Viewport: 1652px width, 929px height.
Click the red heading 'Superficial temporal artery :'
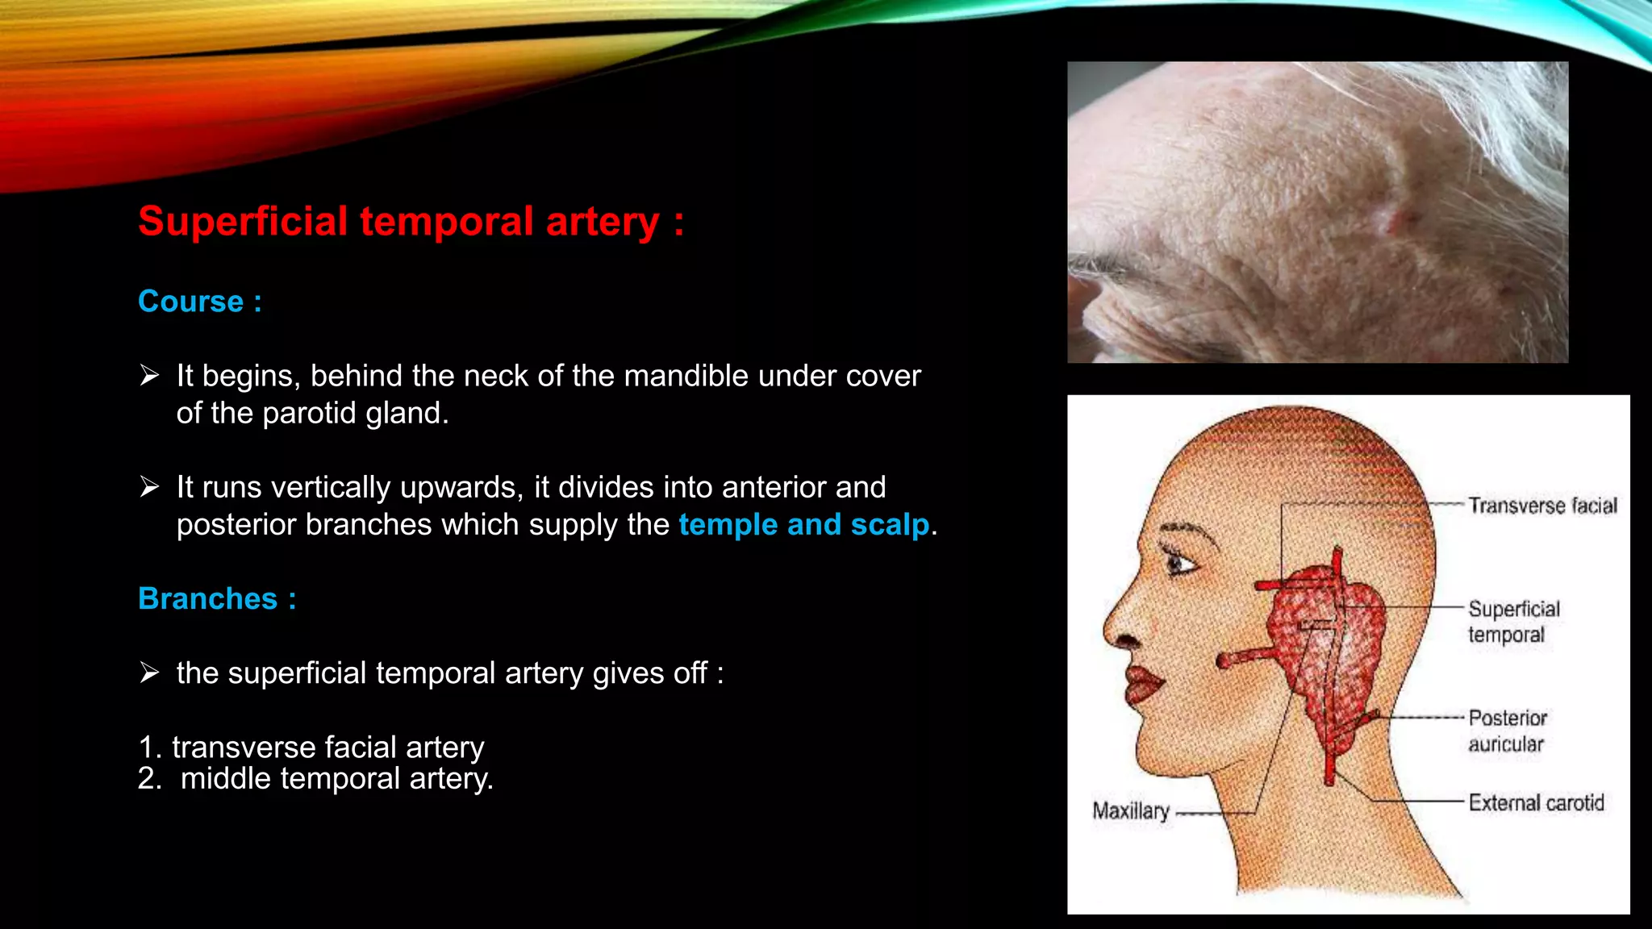(411, 222)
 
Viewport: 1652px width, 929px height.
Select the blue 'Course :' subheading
(199, 302)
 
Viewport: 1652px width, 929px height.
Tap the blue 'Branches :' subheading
(217, 599)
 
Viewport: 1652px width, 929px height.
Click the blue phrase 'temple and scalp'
(803, 525)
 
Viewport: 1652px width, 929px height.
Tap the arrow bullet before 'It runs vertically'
(149, 487)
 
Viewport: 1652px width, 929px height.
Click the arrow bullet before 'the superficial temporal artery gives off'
(149, 673)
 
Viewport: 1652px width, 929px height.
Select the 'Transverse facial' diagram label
(1541, 506)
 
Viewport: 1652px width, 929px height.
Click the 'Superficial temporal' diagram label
(1512, 622)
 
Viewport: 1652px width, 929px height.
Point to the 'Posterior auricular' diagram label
(1506, 731)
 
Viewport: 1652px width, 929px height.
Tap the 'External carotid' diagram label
(1535, 803)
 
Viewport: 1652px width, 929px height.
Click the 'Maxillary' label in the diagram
(1130, 810)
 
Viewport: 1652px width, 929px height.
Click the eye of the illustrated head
(1179, 562)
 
